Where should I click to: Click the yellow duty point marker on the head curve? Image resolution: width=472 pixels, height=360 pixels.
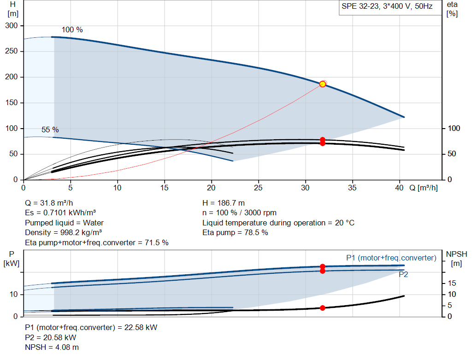click(x=322, y=84)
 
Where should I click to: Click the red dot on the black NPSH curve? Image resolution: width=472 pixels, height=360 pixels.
click(x=322, y=308)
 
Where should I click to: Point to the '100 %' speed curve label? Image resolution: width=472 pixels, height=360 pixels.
click(x=72, y=30)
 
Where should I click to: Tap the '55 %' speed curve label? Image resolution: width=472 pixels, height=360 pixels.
click(x=50, y=130)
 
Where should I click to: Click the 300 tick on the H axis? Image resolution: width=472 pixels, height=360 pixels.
click(x=12, y=26)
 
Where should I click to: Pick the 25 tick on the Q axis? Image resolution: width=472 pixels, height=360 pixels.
click(x=258, y=188)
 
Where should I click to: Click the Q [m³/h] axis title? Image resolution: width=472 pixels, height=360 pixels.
click(x=423, y=188)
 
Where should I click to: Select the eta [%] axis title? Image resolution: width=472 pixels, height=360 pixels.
click(x=452, y=9)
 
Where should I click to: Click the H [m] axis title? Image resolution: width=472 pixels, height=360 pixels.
click(x=13, y=9)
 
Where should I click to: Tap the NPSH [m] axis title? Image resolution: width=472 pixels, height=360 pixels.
click(x=456, y=259)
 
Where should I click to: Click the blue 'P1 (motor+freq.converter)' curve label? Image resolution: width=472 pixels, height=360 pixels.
click(x=391, y=258)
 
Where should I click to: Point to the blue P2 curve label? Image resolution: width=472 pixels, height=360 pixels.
click(x=403, y=275)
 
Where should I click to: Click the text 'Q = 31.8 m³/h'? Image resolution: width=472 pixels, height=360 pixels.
click(x=49, y=203)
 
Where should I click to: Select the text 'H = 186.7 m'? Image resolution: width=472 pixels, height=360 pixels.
click(x=224, y=203)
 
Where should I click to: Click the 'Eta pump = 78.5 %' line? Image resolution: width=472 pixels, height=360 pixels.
click(x=235, y=233)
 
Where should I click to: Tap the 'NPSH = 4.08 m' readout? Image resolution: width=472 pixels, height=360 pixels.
click(x=52, y=348)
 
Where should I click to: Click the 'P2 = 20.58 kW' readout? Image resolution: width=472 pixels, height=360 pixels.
click(x=51, y=338)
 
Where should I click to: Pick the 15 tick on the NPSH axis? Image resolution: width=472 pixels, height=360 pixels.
click(x=452, y=283)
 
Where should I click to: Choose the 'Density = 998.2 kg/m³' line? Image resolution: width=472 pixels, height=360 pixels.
click(x=63, y=233)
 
